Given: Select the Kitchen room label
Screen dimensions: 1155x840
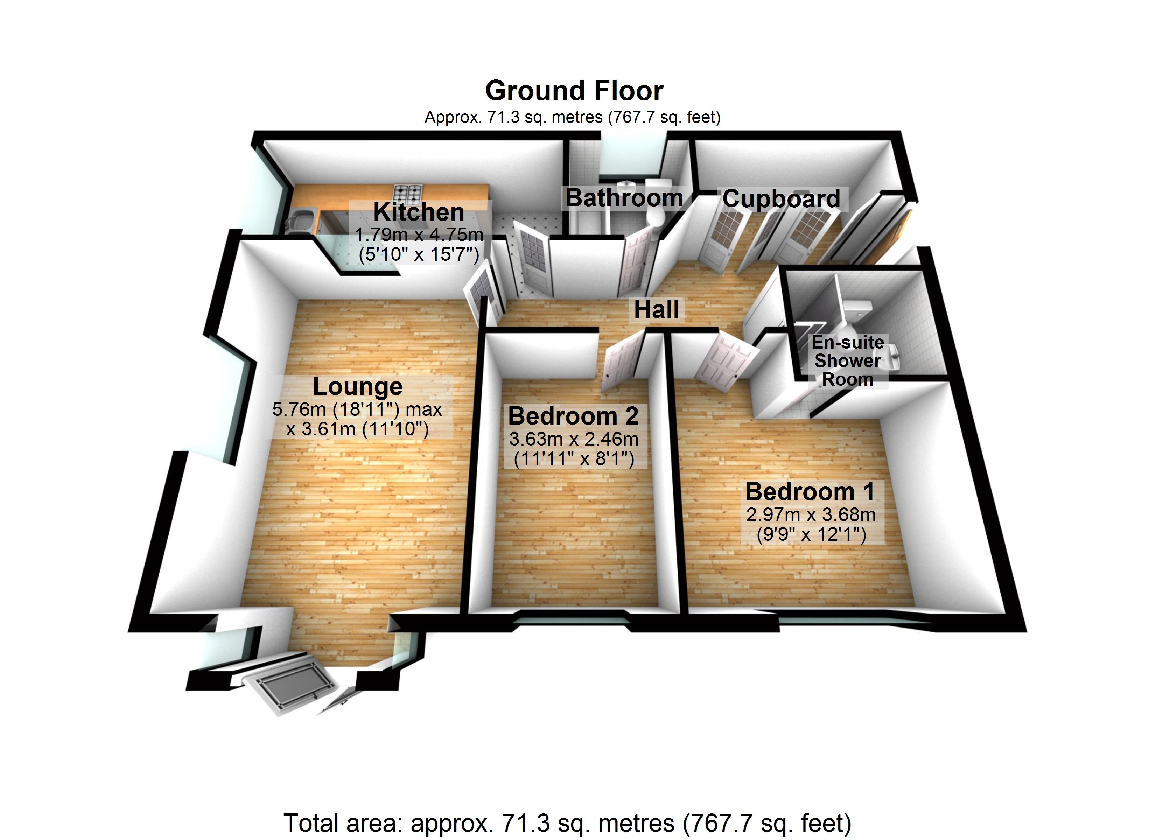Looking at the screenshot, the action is pyautogui.click(x=419, y=211).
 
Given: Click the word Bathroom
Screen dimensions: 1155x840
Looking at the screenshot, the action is pyautogui.click(x=624, y=198).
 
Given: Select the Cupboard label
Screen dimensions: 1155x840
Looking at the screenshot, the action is pyautogui.click(x=781, y=199).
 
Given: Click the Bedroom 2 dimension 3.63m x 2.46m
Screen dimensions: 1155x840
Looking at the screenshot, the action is pyautogui.click(x=573, y=439).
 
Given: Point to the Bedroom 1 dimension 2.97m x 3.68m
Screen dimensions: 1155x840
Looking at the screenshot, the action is pyautogui.click(x=811, y=514).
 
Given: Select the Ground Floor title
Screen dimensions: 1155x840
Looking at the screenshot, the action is pyautogui.click(x=574, y=91).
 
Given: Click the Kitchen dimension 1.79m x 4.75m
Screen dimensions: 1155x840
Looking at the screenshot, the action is pyautogui.click(x=419, y=235).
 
